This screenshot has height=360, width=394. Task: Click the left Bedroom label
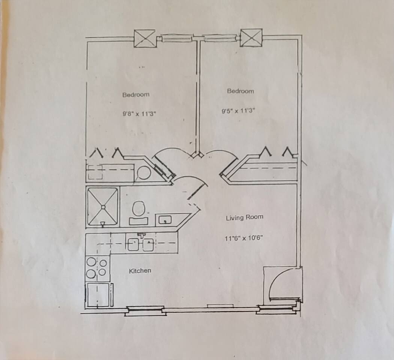[x=136, y=94]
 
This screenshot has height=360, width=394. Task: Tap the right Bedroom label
[x=241, y=91]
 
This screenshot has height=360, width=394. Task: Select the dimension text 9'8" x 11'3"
[x=140, y=114]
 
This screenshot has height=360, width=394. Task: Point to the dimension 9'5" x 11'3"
[x=238, y=111]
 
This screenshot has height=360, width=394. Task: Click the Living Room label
[x=245, y=217]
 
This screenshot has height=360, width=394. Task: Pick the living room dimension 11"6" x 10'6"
[x=244, y=238]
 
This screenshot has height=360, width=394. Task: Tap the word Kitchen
[x=140, y=271]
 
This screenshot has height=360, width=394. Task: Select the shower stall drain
[x=103, y=207]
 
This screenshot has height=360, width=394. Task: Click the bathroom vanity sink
[x=165, y=220]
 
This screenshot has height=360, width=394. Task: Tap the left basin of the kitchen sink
[x=134, y=244]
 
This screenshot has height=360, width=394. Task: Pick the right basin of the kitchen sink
[x=148, y=244]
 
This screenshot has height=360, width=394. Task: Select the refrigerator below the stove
[x=99, y=295]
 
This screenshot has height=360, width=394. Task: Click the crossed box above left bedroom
[x=144, y=38]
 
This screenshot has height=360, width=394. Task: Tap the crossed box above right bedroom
[x=251, y=37]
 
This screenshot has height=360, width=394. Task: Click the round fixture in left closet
[x=144, y=173]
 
